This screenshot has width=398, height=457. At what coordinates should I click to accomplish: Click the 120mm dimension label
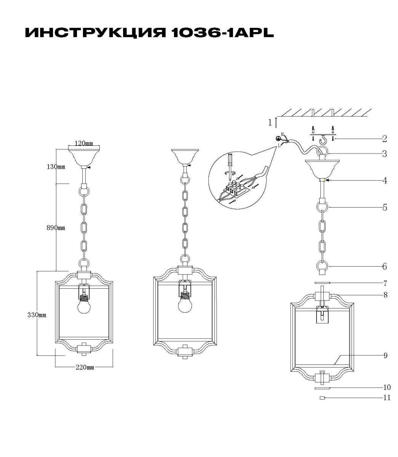[x=83, y=143]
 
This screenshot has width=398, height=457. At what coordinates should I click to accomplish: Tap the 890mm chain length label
[x=56, y=228]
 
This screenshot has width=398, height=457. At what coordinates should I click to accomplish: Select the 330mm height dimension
[x=37, y=315]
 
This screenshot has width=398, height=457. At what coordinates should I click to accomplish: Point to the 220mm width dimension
[x=85, y=367]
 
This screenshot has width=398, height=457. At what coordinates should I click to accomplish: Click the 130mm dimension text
[x=56, y=167]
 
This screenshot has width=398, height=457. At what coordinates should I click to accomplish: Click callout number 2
[x=384, y=139]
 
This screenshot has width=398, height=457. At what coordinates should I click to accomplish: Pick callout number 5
[x=385, y=207]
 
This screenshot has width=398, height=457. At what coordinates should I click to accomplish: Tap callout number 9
[x=385, y=362]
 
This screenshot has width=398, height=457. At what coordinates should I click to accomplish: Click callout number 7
[x=385, y=283]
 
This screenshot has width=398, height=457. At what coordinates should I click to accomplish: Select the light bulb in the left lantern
[x=84, y=307]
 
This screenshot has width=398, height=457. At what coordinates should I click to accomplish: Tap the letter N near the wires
[x=282, y=134]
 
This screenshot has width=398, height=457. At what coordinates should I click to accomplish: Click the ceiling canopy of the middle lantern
[x=185, y=157]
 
